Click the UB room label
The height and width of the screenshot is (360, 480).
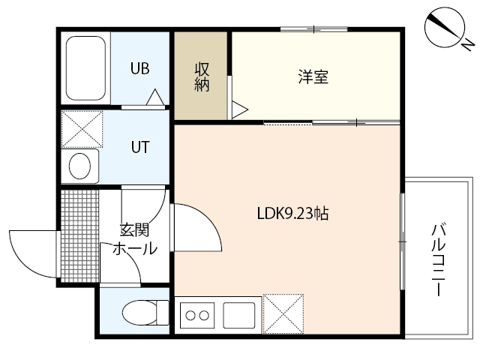tap(140, 69)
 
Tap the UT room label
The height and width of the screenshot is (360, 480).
tap(140, 147)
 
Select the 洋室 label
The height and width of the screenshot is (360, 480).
tap(313, 76)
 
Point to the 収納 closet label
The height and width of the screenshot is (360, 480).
tap(202, 76)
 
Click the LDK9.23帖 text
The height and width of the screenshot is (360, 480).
tap(289, 214)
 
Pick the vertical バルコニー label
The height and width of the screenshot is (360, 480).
tap(438, 259)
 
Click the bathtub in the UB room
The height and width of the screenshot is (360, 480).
tap(87, 69)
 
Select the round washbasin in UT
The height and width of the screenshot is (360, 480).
tap(80, 165)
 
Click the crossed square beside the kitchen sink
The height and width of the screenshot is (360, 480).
tap(283, 314)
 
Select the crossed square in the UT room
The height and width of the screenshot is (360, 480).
tap(81, 128)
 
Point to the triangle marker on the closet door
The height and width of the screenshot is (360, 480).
tap(239, 109)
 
